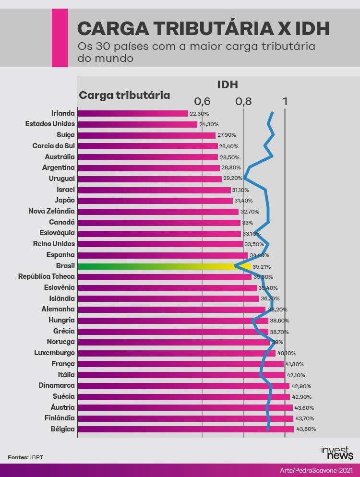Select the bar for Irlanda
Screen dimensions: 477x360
click(x=132, y=113)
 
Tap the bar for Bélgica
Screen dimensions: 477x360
click(x=185, y=429)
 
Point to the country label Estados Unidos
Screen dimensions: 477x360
click(x=50, y=124)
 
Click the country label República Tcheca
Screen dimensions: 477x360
click(x=47, y=276)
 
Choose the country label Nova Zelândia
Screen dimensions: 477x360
click(x=52, y=211)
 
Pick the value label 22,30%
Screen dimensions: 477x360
click(x=199, y=114)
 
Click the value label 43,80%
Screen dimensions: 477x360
click(x=306, y=429)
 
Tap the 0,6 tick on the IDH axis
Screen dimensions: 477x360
click(x=202, y=101)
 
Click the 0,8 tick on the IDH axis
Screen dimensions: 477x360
click(x=243, y=101)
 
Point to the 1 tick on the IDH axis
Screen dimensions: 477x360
click(x=285, y=101)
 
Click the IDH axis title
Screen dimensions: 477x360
click(x=228, y=85)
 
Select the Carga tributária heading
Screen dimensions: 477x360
click(x=124, y=95)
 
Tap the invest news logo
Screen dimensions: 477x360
click(x=337, y=453)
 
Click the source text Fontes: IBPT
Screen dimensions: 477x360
click(x=25, y=457)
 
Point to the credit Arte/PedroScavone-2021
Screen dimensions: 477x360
click(x=317, y=470)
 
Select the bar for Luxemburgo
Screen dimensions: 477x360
click(x=176, y=353)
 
